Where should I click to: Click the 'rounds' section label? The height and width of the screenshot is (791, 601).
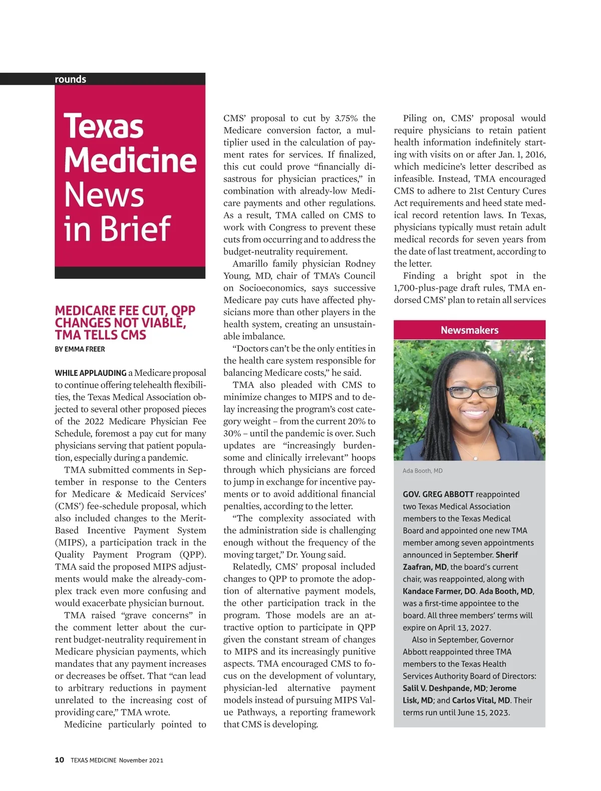tap(71, 79)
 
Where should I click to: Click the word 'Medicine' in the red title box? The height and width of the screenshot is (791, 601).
tap(130, 160)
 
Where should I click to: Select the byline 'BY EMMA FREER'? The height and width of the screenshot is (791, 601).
tap(80, 349)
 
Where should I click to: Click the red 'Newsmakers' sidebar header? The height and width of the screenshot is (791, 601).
tap(469, 330)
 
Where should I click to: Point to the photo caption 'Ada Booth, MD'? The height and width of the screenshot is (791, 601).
tap(422, 471)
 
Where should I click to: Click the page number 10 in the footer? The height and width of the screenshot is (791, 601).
tap(59, 759)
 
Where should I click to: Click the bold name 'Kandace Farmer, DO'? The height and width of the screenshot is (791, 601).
tap(439, 591)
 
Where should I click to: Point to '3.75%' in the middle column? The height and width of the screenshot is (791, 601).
tap(346, 118)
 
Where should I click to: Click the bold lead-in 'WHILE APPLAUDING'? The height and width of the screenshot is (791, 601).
tap(91, 373)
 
